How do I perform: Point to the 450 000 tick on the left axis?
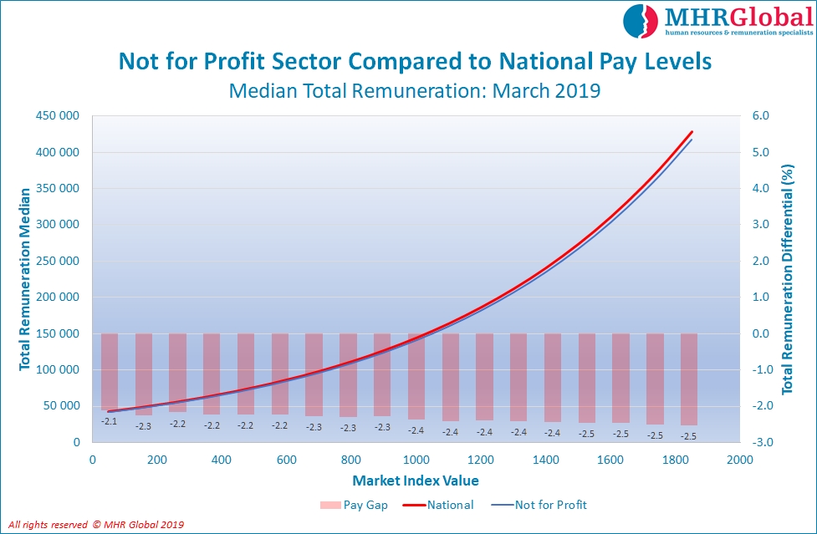click(x=57, y=116)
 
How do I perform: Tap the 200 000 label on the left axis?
click(x=57, y=297)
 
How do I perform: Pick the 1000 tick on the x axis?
click(x=416, y=460)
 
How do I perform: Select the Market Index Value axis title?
click(x=416, y=481)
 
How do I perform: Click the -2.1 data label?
click(x=109, y=421)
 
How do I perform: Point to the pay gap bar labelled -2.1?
click(x=110, y=371)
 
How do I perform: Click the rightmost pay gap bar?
click(x=688, y=379)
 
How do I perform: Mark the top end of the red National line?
click(x=692, y=132)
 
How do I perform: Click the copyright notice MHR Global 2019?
click(x=96, y=525)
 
